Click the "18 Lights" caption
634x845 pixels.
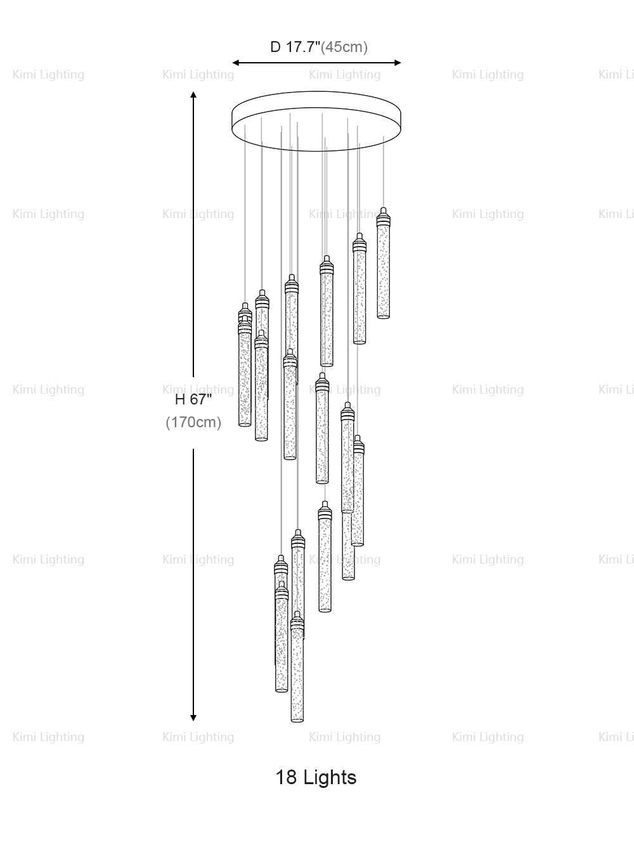[316, 777]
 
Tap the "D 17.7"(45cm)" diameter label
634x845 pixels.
[319, 47]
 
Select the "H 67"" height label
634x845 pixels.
[193, 399]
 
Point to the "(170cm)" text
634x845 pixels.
[193, 422]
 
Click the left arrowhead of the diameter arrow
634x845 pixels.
[235, 63]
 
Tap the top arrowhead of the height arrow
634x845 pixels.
[193, 94]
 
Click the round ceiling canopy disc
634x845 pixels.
[317, 124]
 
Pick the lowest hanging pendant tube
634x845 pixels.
[297, 675]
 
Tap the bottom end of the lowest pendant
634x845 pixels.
[297, 721]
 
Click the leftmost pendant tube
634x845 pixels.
[245, 374]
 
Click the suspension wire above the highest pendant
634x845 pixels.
[384, 171]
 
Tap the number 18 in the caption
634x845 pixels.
[286, 777]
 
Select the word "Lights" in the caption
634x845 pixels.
[329, 777]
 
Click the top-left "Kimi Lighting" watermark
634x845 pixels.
[48, 75]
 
